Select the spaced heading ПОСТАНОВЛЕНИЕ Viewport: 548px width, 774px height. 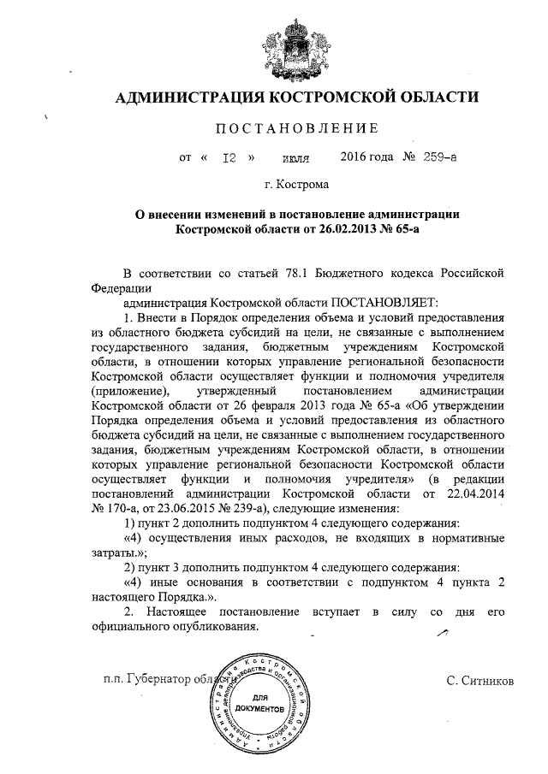[x=295, y=129]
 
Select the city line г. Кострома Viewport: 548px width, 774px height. [x=295, y=183]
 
